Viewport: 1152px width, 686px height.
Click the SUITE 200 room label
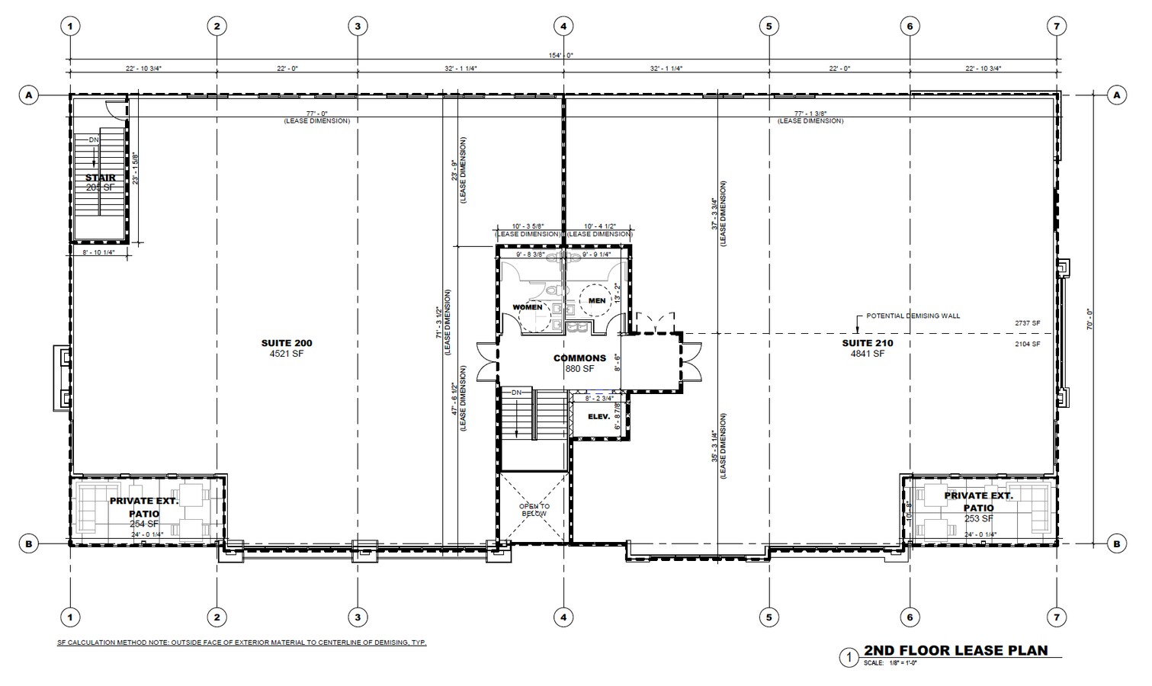(x=287, y=343)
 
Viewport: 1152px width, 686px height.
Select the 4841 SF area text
(x=867, y=354)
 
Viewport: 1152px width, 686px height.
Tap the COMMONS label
(x=579, y=358)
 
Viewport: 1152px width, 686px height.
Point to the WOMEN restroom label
(x=528, y=307)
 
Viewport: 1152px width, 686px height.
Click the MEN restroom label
(x=597, y=301)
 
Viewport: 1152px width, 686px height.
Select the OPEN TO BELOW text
(x=534, y=510)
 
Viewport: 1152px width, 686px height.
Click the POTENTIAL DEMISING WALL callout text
(x=913, y=316)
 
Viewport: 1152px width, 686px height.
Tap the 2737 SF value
(x=1027, y=323)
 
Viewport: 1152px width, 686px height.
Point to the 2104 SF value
(x=1027, y=345)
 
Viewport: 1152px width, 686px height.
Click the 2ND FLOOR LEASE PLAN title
(x=955, y=651)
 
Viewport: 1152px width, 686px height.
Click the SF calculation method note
(x=242, y=643)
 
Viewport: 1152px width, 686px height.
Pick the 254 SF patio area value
(x=144, y=524)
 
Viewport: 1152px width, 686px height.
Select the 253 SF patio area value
(x=978, y=518)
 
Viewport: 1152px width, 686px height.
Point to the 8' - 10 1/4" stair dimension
(x=98, y=252)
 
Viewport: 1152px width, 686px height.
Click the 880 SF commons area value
(x=579, y=369)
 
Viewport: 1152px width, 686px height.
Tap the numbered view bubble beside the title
(x=847, y=657)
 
